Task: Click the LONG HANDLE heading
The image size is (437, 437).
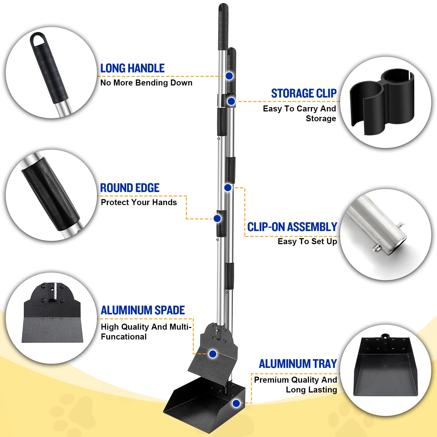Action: click(132, 68)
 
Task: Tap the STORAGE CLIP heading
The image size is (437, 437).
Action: click(304, 93)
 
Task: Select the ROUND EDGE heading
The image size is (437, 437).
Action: click(130, 188)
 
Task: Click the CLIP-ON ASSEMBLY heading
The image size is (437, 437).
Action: click(292, 227)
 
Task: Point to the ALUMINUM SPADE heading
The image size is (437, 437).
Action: click(143, 310)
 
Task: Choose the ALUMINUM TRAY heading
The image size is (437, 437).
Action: click(298, 364)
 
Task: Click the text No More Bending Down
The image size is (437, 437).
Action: click(146, 83)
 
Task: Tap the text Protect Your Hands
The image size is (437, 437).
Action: click(139, 202)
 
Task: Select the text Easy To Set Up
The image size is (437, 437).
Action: click(307, 241)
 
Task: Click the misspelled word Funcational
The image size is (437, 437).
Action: click(124, 337)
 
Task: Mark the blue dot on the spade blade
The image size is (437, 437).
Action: click(213, 354)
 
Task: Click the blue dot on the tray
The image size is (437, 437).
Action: click(236, 403)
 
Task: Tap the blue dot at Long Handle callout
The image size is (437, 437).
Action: click(229, 76)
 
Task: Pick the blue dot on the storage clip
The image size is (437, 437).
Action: click(231, 101)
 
